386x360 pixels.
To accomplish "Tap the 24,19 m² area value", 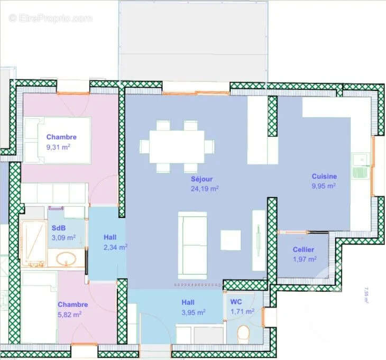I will click(x=205, y=188).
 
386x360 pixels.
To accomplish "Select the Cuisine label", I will click(x=324, y=177).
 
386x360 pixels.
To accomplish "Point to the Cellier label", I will click(x=304, y=250).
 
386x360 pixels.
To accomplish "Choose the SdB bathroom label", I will click(x=59, y=228).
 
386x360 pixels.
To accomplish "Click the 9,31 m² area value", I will click(x=58, y=147).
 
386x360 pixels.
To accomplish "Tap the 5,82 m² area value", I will click(x=69, y=314).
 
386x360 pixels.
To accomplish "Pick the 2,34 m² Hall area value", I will click(x=115, y=247).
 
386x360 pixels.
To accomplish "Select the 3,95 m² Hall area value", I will click(x=192, y=312).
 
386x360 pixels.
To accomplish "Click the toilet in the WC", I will click(x=243, y=334).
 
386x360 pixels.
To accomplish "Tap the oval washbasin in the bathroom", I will click(x=67, y=259).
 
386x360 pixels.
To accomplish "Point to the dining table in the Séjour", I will click(x=177, y=146).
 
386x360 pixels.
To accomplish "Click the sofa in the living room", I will click(x=192, y=245).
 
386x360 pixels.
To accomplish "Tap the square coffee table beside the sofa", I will click(x=231, y=240).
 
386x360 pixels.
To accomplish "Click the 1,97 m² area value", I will click(x=304, y=259).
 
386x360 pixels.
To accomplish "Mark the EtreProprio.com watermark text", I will click(x=50, y=19).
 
